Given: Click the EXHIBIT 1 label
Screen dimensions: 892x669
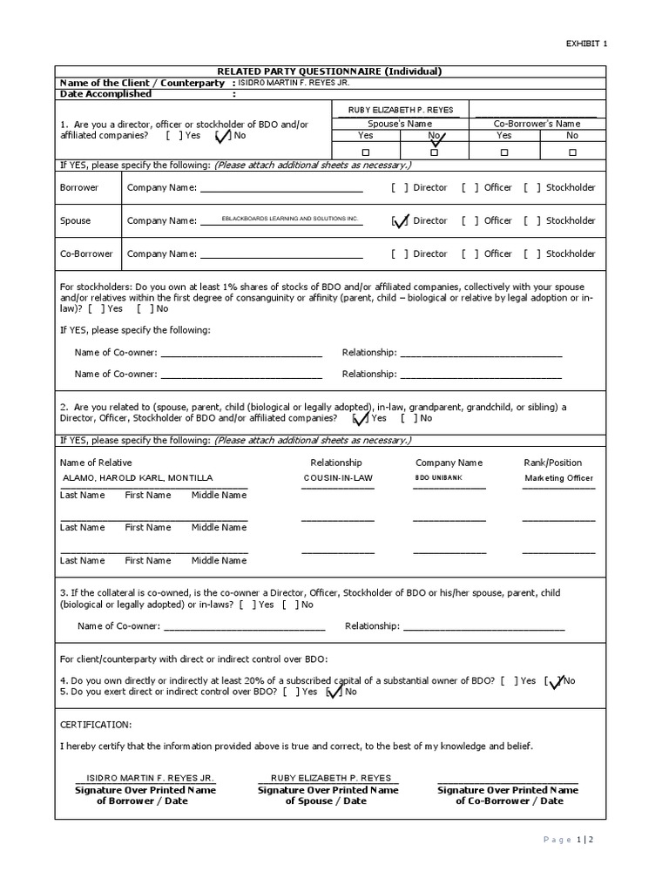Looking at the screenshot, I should pos(588,43).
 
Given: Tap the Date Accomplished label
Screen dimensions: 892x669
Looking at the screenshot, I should pos(105,94).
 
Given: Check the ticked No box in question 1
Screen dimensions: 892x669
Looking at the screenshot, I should pos(222,136).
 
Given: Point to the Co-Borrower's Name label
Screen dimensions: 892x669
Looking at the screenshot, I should pos(537,124).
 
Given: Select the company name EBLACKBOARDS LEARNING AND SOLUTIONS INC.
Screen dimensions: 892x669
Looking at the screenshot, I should pos(290,220).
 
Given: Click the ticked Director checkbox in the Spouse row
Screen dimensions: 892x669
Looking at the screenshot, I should pos(401,221).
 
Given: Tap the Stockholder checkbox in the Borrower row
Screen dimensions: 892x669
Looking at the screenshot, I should pos(532,188).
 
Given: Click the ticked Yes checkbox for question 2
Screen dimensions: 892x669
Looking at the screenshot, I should pos(361,419).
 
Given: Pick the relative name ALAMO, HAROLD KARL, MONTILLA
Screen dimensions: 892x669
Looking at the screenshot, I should pos(138,478).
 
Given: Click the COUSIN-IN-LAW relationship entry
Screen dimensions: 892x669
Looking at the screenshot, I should pos(337,478).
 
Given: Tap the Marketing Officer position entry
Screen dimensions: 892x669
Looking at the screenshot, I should pos(558,478).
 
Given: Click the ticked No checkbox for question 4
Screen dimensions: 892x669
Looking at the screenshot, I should pos(554,681).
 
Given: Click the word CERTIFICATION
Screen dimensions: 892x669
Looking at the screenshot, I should pos(96,725).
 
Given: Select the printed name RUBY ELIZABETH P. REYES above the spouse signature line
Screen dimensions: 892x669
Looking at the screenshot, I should pos(328,777).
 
